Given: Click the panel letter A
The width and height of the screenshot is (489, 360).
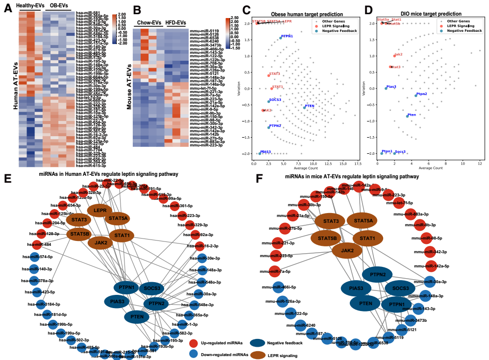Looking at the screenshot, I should [x=8, y=9].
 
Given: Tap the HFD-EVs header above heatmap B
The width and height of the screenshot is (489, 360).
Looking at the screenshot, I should [x=174, y=23].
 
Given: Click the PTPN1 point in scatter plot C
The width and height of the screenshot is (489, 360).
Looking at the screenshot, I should [x=281, y=38].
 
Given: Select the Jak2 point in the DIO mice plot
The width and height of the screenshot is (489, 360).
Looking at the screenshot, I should [x=394, y=55].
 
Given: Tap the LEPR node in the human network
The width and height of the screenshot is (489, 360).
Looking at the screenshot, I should [x=100, y=210].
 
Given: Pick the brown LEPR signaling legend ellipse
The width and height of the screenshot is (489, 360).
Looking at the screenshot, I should [x=260, y=354].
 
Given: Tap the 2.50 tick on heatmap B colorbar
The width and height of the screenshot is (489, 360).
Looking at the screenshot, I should [x=233, y=18].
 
